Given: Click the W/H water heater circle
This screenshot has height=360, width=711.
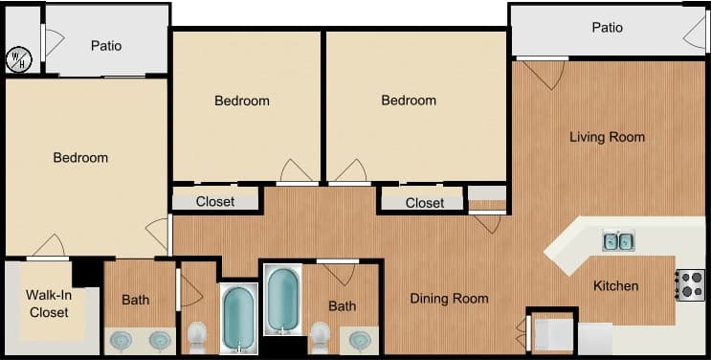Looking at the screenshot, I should (18, 59).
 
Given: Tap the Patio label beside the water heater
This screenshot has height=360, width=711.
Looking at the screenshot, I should (106, 45).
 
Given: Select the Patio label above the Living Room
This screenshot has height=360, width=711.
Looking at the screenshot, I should (607, 27).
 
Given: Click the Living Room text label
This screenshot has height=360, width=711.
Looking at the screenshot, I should (607, 137).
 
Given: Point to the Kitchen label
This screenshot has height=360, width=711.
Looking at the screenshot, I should (615, 285).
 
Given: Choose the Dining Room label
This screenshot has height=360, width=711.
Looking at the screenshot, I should (449, 299).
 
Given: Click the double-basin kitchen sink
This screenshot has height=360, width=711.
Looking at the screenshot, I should (618, 241).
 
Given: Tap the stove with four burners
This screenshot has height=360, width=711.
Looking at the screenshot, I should (691, 284).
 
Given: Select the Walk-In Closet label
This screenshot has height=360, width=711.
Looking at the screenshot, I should (48, 303).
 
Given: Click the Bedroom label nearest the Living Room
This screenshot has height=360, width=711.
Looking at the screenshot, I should (409, 101).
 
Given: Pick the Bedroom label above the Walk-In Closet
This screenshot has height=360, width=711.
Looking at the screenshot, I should (80, 157).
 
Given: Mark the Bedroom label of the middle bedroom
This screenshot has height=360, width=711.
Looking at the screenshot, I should (241, 101).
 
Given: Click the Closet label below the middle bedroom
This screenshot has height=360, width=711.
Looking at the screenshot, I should (215, 201).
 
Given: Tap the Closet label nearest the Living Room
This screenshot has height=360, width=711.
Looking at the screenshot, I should (424, 203).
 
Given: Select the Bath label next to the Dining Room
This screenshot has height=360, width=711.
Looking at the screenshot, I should (342, 306).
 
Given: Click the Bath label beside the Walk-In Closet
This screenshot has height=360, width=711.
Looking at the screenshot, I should (135, 300).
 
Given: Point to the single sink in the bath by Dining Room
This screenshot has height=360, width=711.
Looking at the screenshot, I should (361, 340).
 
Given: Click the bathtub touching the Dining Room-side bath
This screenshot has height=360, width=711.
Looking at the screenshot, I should (283, 300).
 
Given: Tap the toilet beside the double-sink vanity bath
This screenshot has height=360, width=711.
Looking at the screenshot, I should (197, 336).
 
